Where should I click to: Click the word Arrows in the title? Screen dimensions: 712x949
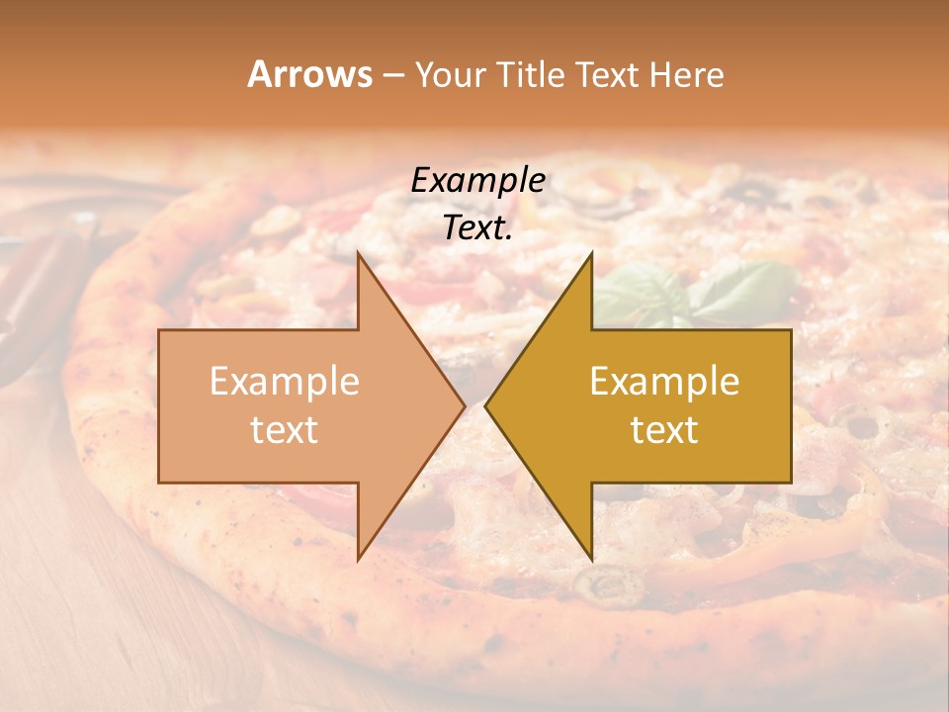(309, 74)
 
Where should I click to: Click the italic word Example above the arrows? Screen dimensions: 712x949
(477, 180)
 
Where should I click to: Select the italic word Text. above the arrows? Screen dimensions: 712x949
(477, 228)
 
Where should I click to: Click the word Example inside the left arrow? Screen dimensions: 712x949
(285, 382)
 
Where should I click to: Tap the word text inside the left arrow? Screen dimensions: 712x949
(285, 430)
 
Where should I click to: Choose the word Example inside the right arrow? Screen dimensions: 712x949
(664, 382)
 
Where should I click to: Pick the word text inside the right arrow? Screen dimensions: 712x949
(664, 430)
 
